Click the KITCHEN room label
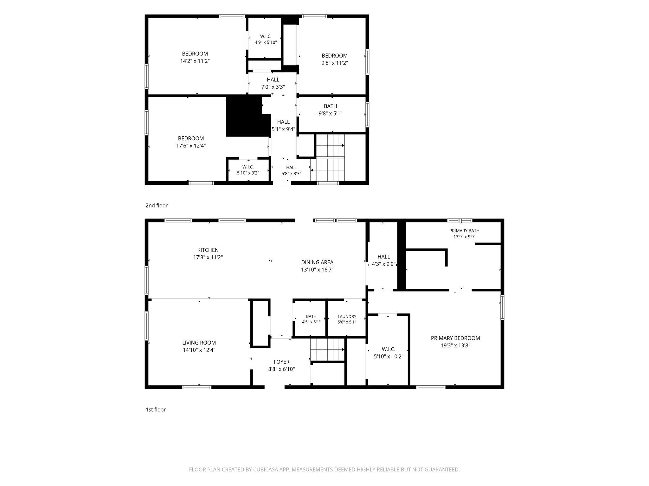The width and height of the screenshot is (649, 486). coord(208,250)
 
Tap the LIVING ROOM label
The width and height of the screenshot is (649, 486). coord(199,343)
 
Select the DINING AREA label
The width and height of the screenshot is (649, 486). coord(317,262)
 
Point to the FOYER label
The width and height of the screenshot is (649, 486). coord(281,362)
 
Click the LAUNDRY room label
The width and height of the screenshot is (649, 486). coord(347,316)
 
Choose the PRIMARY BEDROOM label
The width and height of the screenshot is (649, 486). coord(455,338)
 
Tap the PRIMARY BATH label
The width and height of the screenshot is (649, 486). coord(464,231)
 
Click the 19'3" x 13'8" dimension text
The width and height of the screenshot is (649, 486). coord(455,346)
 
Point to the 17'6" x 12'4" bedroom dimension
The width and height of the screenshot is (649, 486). coord(191,146)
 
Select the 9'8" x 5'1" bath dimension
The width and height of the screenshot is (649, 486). coord(331,113)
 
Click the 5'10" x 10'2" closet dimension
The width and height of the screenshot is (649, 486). coord(389,357)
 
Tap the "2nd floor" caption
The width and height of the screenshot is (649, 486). coord(157,205)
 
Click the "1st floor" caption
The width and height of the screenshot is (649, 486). coord(156,409)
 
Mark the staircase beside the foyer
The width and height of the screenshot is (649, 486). coord(328,349)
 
